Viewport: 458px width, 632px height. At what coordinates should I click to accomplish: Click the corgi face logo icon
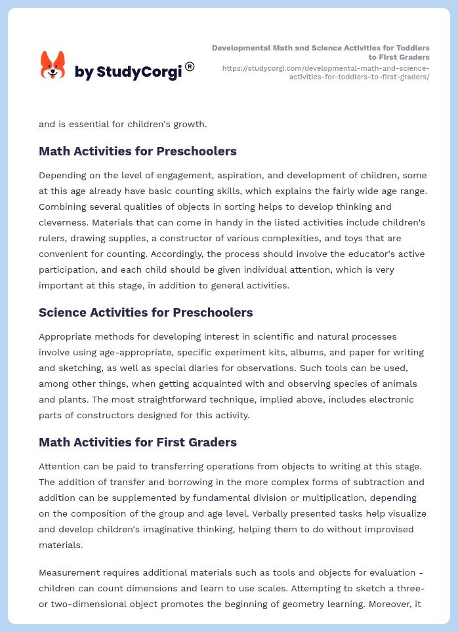point(53,66)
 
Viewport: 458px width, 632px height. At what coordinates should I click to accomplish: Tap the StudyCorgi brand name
point(128,72)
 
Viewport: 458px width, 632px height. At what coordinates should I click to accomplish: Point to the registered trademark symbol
point(190,66)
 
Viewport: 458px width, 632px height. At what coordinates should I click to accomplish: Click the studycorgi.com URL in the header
point(326,72)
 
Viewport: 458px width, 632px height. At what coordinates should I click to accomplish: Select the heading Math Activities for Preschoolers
point(138,151)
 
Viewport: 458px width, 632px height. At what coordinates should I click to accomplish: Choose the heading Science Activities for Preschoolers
point(146,312)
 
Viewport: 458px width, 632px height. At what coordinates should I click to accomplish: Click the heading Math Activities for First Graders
point(138,442)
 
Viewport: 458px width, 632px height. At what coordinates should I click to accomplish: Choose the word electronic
point(390,399)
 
